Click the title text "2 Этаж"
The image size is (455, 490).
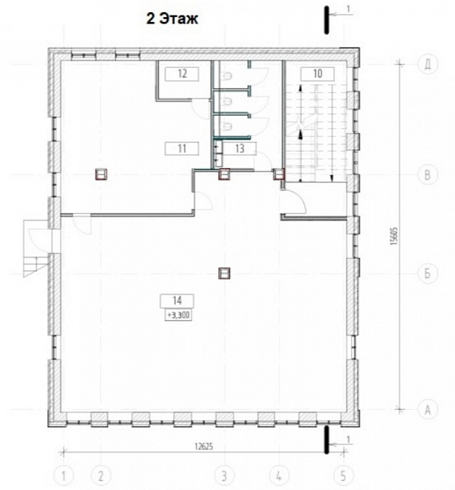coord(172,19)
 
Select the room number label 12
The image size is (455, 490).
coord(182,74)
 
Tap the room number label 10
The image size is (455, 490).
coord(318,73)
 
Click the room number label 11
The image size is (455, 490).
coord(182,149)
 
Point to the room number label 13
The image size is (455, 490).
coord(239,149)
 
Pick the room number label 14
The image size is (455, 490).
coord(177,301)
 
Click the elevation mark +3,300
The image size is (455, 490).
coord(178,315)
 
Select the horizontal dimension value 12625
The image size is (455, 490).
coord(203,447)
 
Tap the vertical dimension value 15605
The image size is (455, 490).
coord(395,236)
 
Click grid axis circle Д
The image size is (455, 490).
coord(427,64)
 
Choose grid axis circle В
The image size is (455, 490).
coord(427,175)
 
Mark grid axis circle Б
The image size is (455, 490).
coord(427,274)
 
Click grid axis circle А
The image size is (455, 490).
coord(427,409)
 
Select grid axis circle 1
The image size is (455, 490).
coord(64,476)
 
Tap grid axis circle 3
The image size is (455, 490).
coord(224,476)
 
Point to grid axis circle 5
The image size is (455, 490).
coord(343,476)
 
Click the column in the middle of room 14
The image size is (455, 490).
coord(224,274)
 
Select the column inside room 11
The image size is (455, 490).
coord(101,175)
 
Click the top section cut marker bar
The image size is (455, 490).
coord(327,20)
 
